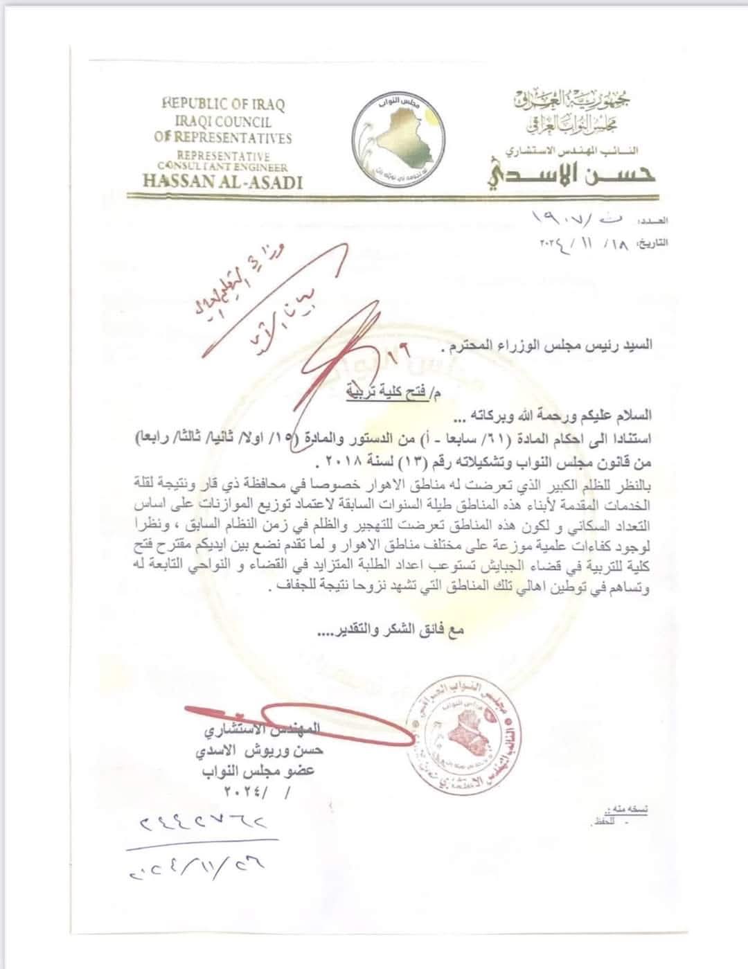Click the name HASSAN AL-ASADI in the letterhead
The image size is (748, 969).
point(222,181)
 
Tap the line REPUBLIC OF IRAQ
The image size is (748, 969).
point(223,104)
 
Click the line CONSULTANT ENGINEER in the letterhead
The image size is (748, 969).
point(222,166)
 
